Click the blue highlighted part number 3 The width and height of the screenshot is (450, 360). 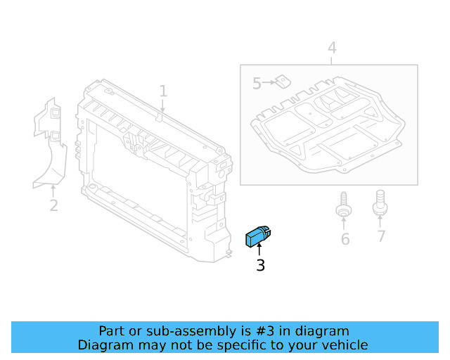(x=258, y=236)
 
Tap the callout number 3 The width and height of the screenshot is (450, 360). (x=260, y=266)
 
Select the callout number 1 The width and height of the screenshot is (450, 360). (x=163, y=91)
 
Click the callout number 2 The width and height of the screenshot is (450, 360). (x=53, y=206)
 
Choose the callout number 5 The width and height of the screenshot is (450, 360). (x=257, y=84)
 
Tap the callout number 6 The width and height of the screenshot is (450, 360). (x=345, y=239)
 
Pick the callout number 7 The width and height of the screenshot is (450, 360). (x=381, y=236)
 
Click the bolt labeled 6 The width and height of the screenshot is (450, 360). (x=344, y=204)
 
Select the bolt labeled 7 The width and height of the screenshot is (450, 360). (x=380, y=202)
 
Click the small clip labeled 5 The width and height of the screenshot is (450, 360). (x=283, y=82)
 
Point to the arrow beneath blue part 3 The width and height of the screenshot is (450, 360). (x=259, y=249)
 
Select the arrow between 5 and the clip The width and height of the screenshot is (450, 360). (x=269, y=84)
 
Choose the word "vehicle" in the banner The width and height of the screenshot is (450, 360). (x=344, y=345)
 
